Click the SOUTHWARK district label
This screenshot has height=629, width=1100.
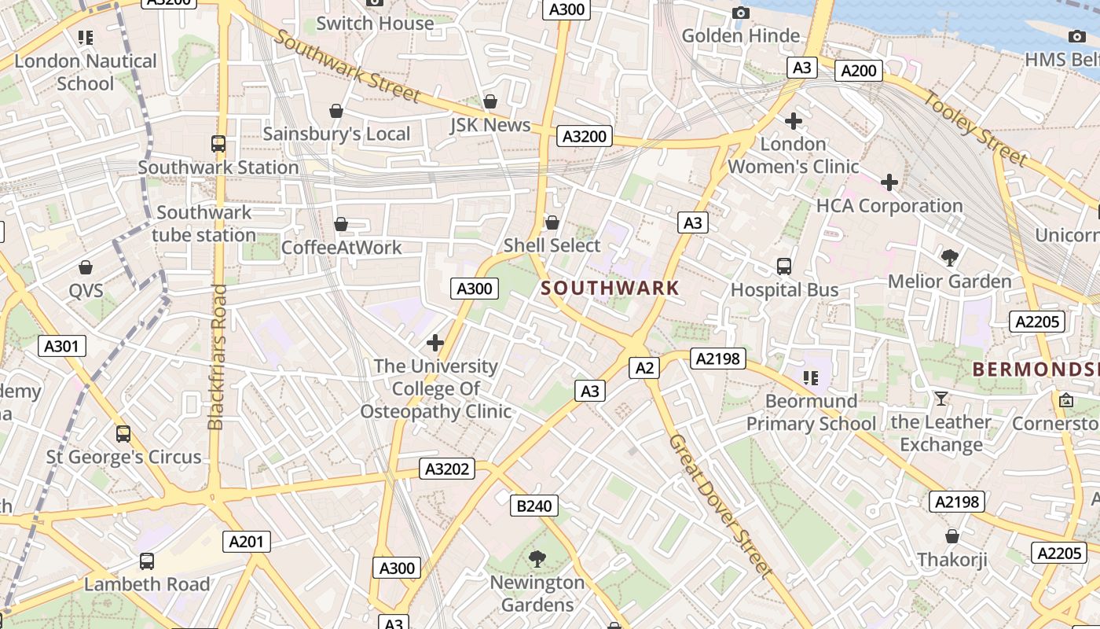click(x=610, y=288)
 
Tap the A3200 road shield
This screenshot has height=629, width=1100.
click(x=585, y=136)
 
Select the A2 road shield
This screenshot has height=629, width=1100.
click(x=643, y=367)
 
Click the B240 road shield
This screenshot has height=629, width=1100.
click(x=534, y=506)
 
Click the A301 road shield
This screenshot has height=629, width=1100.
click(x=62, y=345)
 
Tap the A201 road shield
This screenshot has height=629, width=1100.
click(x=247, y=542)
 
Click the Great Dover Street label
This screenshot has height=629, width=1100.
click(x=720, y=506)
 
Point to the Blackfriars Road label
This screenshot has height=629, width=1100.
click(x=218, y=357)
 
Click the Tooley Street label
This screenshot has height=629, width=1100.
click(x=973, y=129)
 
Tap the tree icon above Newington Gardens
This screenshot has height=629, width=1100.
click(x=537, y=559)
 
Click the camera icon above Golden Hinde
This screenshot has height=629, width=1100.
click(x=740, y=13)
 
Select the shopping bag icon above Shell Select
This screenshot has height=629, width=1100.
click(x=552, y=223)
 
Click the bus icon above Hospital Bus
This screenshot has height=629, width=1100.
click(x=783, y=267)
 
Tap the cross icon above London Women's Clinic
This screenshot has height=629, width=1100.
click(x=794, y=121)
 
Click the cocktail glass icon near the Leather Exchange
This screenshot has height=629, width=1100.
click(x=940, y=399)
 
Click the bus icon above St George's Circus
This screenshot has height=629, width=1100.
click(x=123, y=434)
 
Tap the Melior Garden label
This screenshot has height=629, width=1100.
click(x=949, y=281)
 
